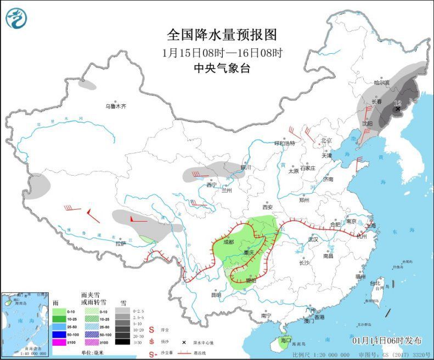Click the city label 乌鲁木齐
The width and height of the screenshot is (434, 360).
click(116, 106)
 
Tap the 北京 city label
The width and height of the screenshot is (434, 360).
click(327, 140)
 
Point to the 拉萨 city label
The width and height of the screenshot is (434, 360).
click(121, 243)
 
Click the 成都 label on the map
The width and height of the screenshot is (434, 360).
click(229, 242)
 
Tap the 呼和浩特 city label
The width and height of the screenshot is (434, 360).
click(285, 143)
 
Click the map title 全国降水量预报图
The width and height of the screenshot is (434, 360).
click(222, 35)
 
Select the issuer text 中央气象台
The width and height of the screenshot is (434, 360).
click(222, 69)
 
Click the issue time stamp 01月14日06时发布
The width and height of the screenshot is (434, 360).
click(387, 340)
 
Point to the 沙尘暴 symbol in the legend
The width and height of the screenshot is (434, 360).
click(151, 355)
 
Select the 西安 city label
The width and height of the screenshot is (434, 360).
click(268, 207)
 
